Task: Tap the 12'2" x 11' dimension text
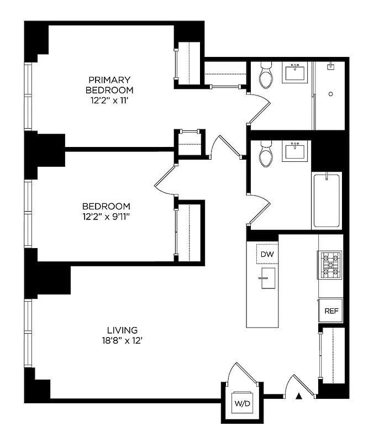pyautogui.click(x=109, y=101)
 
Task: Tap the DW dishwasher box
pyautogui.click(x=267, y=254)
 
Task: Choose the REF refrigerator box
pyautogui.click(x=331, y=311)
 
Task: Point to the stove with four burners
pyautogui.click(x=329, y=264)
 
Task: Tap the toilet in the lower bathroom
pyautogui.click(x=266, y=155)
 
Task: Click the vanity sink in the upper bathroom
pyautogui.click(x=296, y=72)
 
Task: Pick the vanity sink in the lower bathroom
pyautogui.click(x=296, y=151)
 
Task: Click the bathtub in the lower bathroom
pyautogui.click(x=327, y=200)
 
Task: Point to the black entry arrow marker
pyautogui.click(x=299, y=396)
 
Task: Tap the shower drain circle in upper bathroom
pyautogui.click(x=330, y=94)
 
